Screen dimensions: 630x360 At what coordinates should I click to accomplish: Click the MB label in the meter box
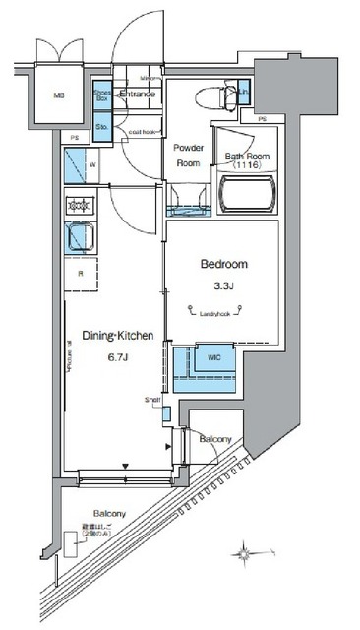coord(58,96)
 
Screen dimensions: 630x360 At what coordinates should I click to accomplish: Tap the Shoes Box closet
coord(102,95)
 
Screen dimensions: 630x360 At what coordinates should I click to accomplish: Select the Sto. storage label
coord(102,126)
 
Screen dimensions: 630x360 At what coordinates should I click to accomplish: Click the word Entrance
coord(138,94)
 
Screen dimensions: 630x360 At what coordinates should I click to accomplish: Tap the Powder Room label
coord(188,157)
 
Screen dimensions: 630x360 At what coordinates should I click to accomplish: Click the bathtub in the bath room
coord(245,197)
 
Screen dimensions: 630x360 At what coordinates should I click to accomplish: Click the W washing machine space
coord(80,164)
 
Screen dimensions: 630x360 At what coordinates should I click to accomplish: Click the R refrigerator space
coord(79,276)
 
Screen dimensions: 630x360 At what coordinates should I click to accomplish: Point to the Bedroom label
coord(224,264)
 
